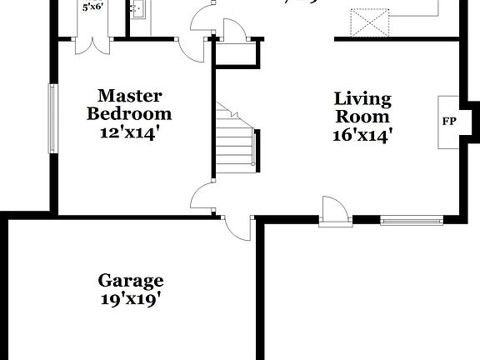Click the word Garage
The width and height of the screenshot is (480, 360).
(x=131, y=281)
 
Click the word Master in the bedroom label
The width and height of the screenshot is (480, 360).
(x=129, y=96)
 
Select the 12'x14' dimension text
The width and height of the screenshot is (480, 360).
(x=129, y=132)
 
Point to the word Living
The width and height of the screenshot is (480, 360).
(x=362, y=98)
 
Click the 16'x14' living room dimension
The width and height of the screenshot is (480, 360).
(x=362, y=134)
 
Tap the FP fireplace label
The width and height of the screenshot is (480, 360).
(x=449, y=122)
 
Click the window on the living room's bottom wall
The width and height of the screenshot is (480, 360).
(x=411, y=221)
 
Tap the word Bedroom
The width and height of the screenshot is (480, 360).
(x=129, y=113)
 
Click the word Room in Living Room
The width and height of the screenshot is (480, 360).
(x=362, y=116)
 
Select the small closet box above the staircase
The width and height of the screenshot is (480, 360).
(x=238, y=53)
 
